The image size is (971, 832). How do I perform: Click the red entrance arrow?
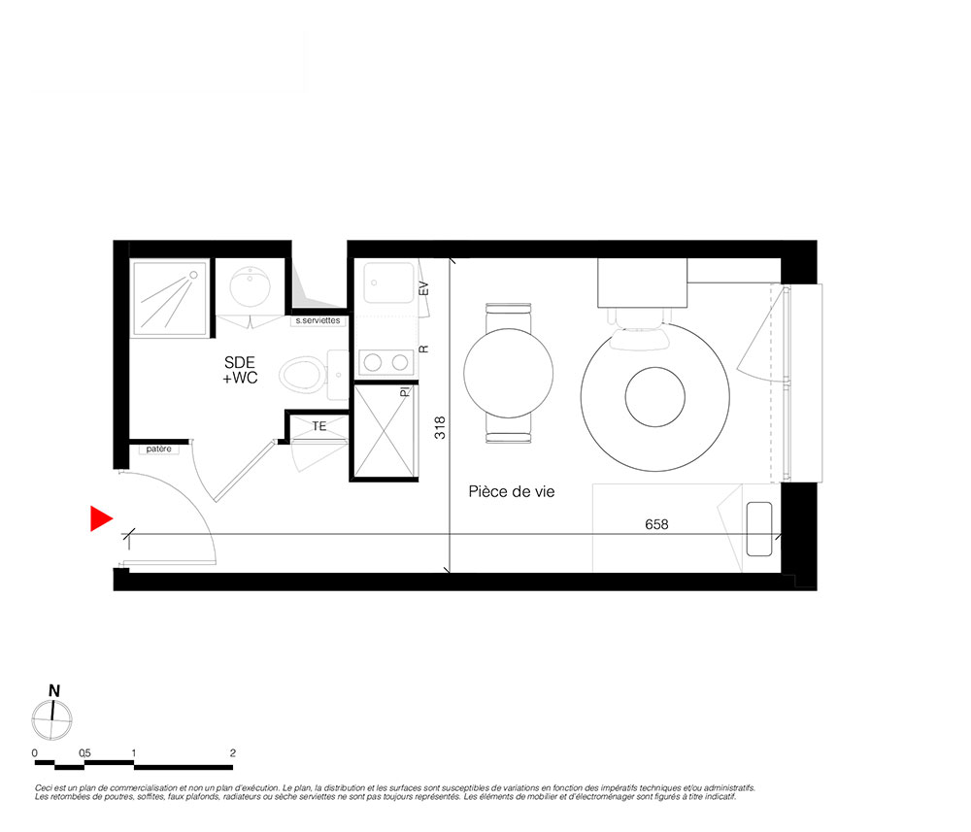click(100, 518)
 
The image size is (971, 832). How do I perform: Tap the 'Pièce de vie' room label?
click(512, 492)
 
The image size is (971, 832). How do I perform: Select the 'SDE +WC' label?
click(240, 370)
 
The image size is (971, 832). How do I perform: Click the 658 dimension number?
click(656, 524)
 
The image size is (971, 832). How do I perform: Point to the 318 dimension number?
click(440, 428)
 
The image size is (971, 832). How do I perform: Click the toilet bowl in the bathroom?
click(302, 374)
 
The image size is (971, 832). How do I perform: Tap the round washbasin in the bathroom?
click(251, 286)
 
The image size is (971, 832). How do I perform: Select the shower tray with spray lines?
click(170, 298)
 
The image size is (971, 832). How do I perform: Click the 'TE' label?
click(318, 426)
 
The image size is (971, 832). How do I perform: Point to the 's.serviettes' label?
click(318, 320)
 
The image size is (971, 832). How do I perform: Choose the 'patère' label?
click(158, 449)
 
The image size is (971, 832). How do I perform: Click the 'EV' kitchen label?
click(423, 288)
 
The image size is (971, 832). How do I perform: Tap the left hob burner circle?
click(373, 362)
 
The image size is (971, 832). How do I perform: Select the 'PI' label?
click(404, 392)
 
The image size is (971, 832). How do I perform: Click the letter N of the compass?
click(54, 691)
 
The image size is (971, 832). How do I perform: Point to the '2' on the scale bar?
click(233, 753)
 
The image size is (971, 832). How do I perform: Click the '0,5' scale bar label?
click(84, 753)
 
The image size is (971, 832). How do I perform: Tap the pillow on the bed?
click(759, 529)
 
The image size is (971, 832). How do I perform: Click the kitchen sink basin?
click(389, 283)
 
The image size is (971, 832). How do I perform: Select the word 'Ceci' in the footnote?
click(43, 788)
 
